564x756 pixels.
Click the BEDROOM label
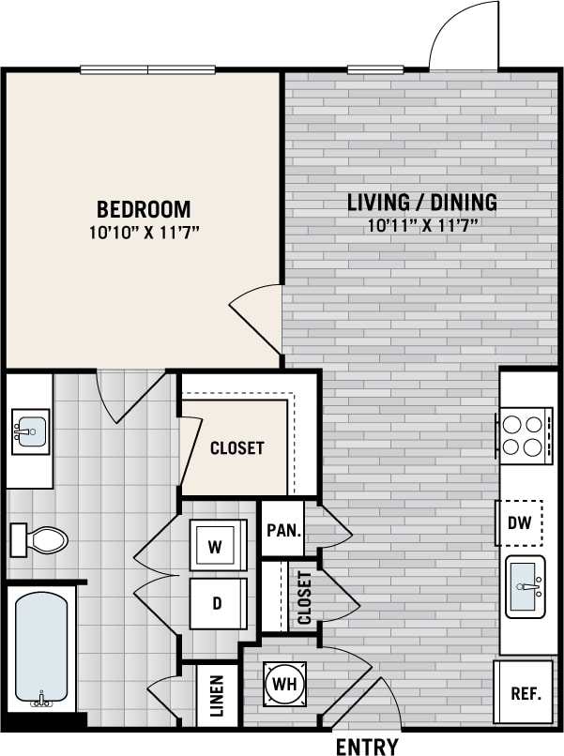[x=144, y=209]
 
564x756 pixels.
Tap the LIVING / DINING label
[x=421, y=202]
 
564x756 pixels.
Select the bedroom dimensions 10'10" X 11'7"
[x=144, y=230]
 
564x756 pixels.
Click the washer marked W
[x=217, y=546]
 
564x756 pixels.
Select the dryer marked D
[x=217, y=603]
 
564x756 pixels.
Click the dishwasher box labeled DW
[x=519, y=524]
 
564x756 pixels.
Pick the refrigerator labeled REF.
[x=526, y=694]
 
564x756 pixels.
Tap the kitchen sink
[x=526, y=586]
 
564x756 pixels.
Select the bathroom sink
[x=29, y=432]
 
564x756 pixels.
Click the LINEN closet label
[x=217, y=696]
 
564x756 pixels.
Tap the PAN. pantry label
[x=282, y=530]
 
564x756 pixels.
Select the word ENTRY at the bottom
[x=367, y=747]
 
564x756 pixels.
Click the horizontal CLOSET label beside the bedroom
[x=236, y=448]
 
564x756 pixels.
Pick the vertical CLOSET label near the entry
[x=304, y=597]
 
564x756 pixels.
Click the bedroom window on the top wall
[x=147, y=68]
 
